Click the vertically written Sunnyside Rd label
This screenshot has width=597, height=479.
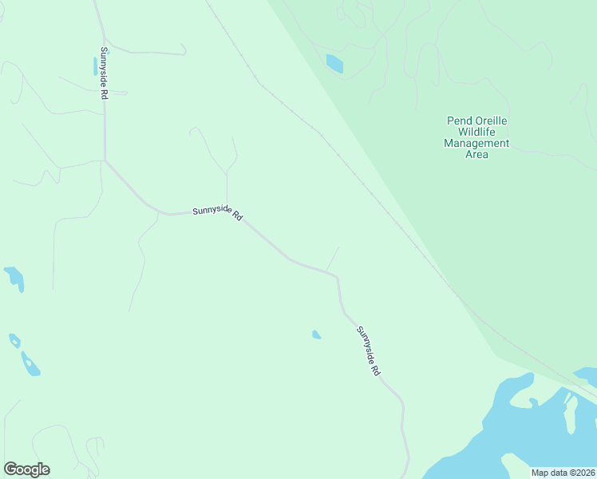(x=104, y=73)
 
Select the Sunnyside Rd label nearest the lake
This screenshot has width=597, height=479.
(x=368, y=351)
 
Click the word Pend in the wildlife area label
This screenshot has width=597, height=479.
(x=457, y=121)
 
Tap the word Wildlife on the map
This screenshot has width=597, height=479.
(x=476, y=133)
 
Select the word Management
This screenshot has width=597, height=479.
(x=476, y=144)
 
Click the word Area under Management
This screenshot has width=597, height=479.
(x=476, y=155)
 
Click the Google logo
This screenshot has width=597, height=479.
(x=26, y=469)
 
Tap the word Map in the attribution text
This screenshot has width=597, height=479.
(x=540, y=473)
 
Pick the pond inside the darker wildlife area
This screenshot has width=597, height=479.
(x=334, y=63)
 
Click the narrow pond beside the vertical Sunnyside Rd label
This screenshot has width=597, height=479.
(x=95, y=66)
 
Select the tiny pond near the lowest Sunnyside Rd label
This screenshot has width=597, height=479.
(x=316, y=335)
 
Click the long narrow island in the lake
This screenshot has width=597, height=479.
(x=570, y=412)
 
